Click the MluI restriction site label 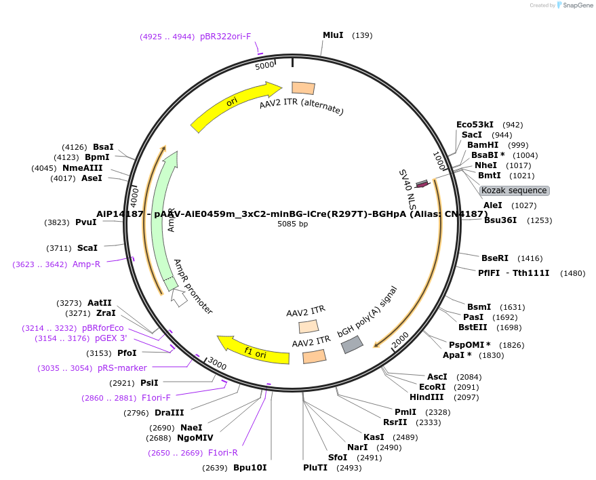pos(332,35)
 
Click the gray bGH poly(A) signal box pos(351,344)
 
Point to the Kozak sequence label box pos(514,191)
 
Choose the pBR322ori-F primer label pos(225,36)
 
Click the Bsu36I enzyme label pos(500,220)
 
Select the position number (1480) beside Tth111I pos(573,273)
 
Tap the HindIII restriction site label pos(426,397)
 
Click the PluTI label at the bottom pos(315,468)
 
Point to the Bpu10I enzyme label pos(250,468)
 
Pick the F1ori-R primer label pos(222,453)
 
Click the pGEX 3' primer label pos(111,338)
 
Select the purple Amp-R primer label pos(86,264)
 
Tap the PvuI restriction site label pos(85,222)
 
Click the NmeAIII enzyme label pos(83,168)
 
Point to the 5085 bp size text pos(292,224)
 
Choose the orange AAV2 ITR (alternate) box pos(303,88)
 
